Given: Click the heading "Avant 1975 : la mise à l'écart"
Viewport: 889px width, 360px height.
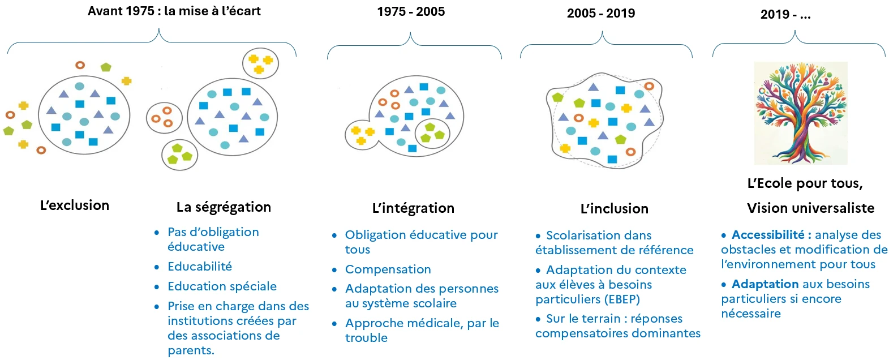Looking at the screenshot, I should (174, 11).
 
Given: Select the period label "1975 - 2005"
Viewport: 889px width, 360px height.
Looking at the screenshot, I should (411, 12).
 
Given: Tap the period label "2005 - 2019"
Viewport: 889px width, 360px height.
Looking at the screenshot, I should (600, 14).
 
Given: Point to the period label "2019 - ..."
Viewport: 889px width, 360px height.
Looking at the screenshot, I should (785, 15).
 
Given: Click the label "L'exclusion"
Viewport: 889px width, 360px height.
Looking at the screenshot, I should (75, 205).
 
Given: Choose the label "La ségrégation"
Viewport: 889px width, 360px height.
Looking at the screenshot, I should (224, 207).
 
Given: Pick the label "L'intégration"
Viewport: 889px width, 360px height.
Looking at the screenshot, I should (413, 208).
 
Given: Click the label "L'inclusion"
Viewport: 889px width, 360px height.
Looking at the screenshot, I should (614, 209).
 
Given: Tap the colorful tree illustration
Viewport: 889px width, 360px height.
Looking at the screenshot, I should (801, 113).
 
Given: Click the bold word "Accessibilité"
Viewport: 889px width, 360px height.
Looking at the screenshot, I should (767, 235).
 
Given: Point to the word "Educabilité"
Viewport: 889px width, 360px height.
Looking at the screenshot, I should (200, 267).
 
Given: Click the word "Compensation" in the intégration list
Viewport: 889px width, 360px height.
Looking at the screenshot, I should (388, 269).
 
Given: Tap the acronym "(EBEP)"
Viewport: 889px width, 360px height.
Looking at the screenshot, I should (622, 299).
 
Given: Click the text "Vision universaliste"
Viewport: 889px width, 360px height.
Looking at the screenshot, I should (810, 208).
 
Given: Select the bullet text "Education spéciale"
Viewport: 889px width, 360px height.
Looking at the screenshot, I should (222, 286).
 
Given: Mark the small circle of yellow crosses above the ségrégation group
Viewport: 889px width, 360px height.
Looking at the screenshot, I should (260, 63).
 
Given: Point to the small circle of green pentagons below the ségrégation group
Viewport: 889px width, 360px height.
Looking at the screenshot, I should (179, 154).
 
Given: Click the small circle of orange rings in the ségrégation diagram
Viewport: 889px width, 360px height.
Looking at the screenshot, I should (164, 118).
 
